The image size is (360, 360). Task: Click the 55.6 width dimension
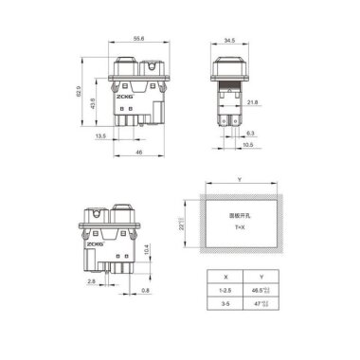(138, 39)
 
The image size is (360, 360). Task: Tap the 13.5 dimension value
(100, 135)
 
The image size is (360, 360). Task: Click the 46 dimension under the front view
(139, 152)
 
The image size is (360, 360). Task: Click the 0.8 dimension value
(144, 291)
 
